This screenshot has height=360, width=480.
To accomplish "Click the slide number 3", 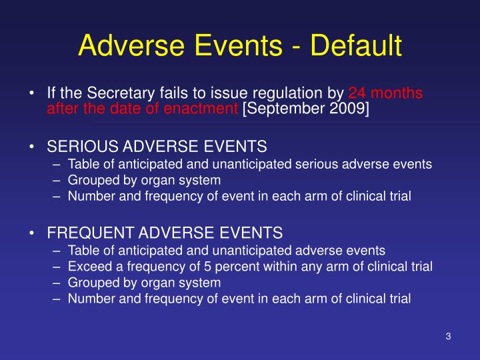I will (x=449, y=336).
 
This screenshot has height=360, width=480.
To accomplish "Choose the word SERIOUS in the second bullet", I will (x=78, y=146).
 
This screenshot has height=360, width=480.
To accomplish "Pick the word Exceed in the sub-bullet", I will (x=86, y=267).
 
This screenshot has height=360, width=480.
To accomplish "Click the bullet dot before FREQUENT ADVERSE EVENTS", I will (x=33, y=233).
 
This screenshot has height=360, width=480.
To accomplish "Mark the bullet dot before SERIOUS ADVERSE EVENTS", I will (x=33, y=146).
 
